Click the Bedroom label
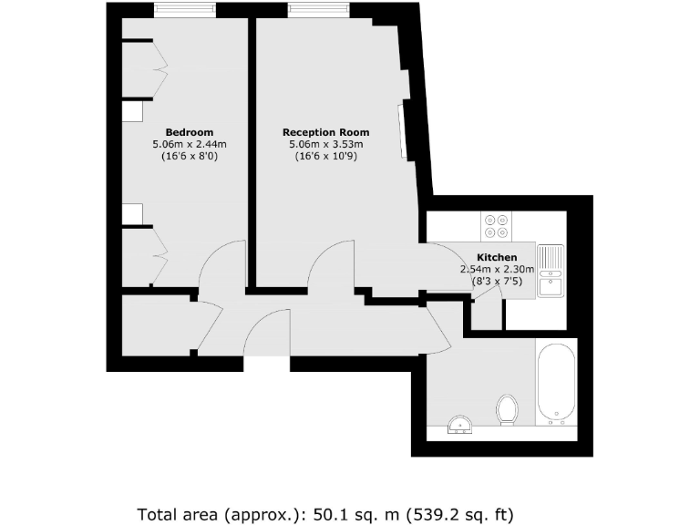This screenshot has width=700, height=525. pyautogui.click(x=189, y=132)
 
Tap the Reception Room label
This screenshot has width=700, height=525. pyautogui.click(x=326, y=132)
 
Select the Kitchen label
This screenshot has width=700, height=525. pyautogui.click(x=497, y=258)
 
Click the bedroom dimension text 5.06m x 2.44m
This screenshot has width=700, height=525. pyautogui.click(x=189, y=144)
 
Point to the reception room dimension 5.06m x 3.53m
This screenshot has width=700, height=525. pyautogui.click(x=326, y=144)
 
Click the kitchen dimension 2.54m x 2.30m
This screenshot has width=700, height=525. pyautogui.click(x=497, y=270)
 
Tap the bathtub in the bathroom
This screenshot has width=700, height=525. pyautogui.click(x=555, y=386)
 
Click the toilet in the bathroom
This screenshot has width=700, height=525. pyautogui.click(x=507, y=409)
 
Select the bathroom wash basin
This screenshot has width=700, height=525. pyautogui.click(x=461, y=424)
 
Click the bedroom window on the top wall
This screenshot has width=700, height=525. pyautogui.click(x=185, y=10)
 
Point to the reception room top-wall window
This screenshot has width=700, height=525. pyautogui.click(x=319, y=10)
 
